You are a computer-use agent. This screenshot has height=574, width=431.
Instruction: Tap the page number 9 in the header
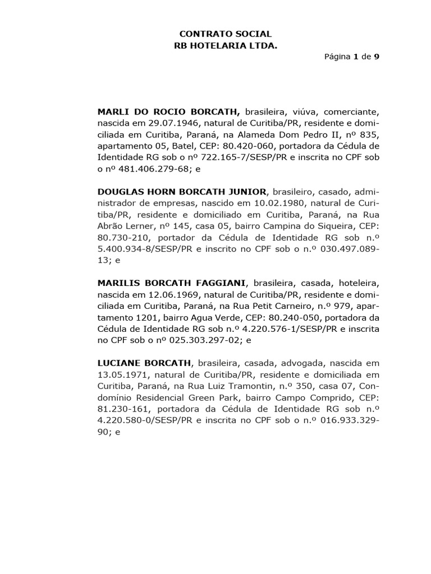pos(377,57)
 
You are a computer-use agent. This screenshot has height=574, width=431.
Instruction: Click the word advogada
pos(299,363)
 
